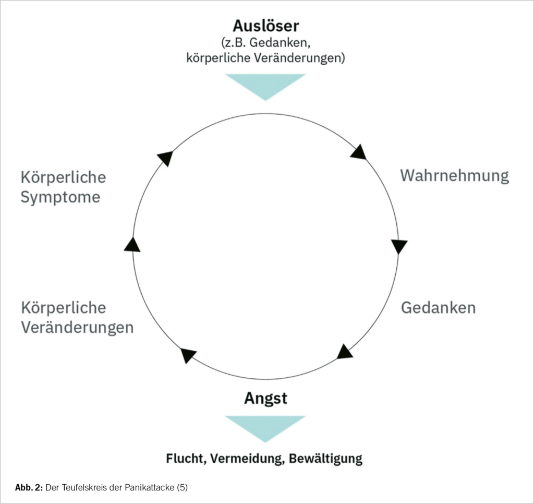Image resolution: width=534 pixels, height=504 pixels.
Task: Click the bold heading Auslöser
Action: (x=266, y=26)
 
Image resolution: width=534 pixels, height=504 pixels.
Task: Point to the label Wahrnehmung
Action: (x=454, y=175)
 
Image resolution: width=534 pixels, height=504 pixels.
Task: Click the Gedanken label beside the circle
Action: (x=438, y=307)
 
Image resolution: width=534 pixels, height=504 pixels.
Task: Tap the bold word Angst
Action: (x=265, y=399)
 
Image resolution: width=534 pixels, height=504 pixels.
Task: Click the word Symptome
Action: (x=60, y=198)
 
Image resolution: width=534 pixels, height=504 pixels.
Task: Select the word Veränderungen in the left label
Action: (x=77, y=328)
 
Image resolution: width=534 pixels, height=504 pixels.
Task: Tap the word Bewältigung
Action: (x=325, y=459)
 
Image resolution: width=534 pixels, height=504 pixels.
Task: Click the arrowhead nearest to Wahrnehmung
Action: (x=358, y=152)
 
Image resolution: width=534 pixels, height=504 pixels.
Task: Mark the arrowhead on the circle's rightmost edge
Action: (x=399, y=246)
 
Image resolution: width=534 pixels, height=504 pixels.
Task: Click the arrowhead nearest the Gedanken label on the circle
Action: (x=345, y=352)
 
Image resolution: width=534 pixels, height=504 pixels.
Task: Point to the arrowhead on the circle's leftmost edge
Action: (x=132, y=244)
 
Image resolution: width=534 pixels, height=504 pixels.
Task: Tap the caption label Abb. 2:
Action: (x=29, y=488)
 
